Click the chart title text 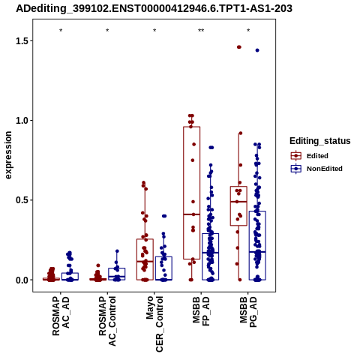point(154,8)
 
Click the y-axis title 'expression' point(8,155)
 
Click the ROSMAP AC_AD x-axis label point(61,316)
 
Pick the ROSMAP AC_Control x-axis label point(107,321)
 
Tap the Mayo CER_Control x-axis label point(154,324)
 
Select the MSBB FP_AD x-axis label point(201,311)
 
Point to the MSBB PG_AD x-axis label point(248,312)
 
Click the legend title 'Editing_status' point(320,141)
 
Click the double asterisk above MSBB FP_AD point(201,31)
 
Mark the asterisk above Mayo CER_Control point(154,31)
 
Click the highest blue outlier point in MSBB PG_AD point(257,50)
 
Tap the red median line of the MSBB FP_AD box point(192,214)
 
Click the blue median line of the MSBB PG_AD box point(257,252)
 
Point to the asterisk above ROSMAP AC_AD point(61,31)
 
